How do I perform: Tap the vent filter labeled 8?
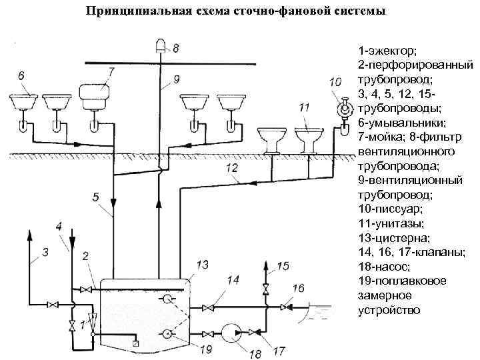159,45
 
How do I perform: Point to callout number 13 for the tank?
203,265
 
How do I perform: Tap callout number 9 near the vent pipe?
176,79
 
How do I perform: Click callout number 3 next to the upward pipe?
45,251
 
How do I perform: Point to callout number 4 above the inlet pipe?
61,226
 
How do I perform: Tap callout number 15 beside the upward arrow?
283,266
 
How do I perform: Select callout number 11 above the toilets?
304,107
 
